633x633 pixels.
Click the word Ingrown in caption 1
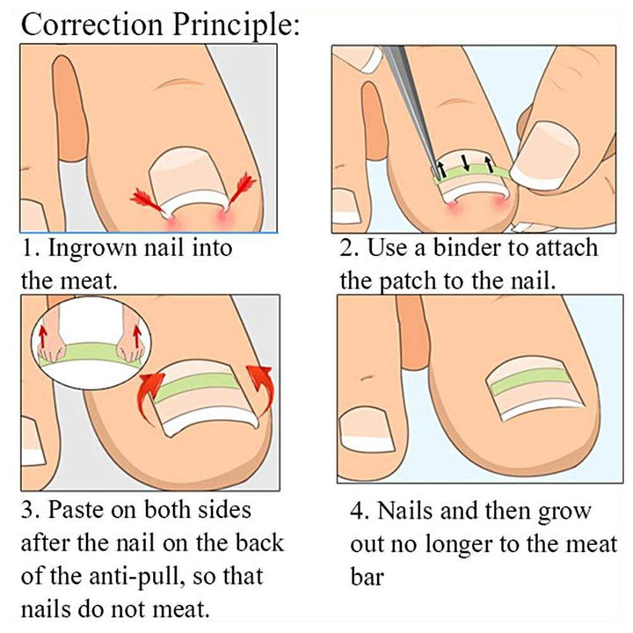click(x=92, y=248)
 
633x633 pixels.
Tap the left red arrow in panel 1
click(x=149, y=200)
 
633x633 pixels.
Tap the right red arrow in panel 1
click(x=242, y=188)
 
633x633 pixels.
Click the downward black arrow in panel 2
click(x=466, y=163)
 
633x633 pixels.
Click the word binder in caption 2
click(x=467, y=247)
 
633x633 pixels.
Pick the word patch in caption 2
click(x=409, y=280)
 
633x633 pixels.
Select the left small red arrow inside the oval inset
click(x=42, y=337)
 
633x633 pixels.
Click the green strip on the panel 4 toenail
click(x=529, y=381)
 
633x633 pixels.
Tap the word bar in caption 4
click(x=367, y=577)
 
